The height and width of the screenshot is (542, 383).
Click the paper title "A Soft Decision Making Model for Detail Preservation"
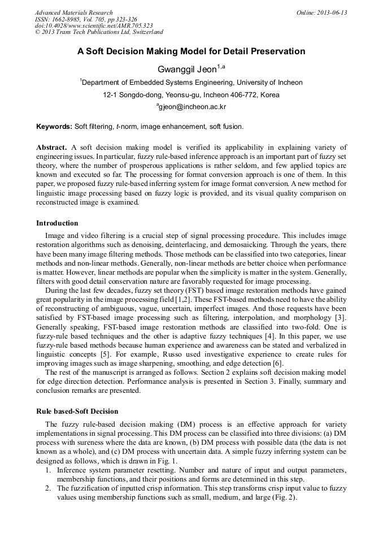click(191, 51)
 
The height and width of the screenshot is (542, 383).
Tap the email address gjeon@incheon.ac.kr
click(191, 106)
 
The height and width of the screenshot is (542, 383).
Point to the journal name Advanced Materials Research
click(73, 12)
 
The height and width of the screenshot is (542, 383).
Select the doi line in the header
click(94, 26)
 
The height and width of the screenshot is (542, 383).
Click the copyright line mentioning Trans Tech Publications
click(99, 33)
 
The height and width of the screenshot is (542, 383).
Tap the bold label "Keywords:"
click(54, 127)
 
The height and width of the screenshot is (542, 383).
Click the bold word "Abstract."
click(52, 147)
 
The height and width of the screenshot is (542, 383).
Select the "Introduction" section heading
click(57, 223)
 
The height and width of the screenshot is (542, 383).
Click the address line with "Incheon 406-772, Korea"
click(191, 95)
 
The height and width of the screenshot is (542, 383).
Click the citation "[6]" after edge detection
click(277, 363)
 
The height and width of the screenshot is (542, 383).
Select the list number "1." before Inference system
click(49, 471)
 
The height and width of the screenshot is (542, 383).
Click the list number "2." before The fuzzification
click(49, 489)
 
